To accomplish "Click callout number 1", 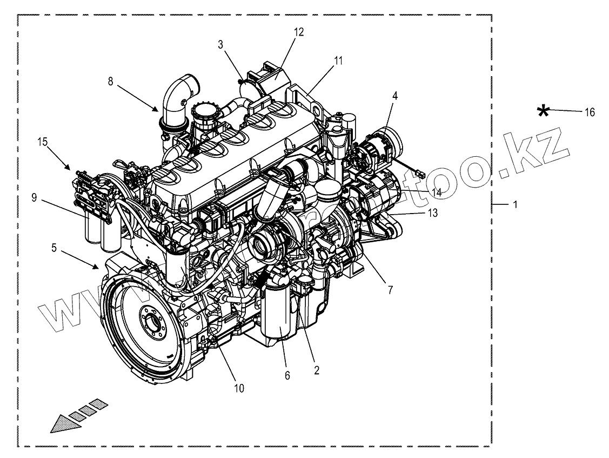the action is (515, 205).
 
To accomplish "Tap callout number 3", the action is (221, 44).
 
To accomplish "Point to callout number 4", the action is (395, 96).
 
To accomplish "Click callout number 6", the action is (287, 375).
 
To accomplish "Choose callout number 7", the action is (390, 290).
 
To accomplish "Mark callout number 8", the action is (111, 82).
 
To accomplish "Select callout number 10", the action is (239, 388).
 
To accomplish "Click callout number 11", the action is (338, 61).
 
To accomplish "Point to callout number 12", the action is (299, 32).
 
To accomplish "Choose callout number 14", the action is (436, 191).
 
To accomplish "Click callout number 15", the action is (43, 142).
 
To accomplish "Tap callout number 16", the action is (589, 112).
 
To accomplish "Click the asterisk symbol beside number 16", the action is (544, 111).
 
